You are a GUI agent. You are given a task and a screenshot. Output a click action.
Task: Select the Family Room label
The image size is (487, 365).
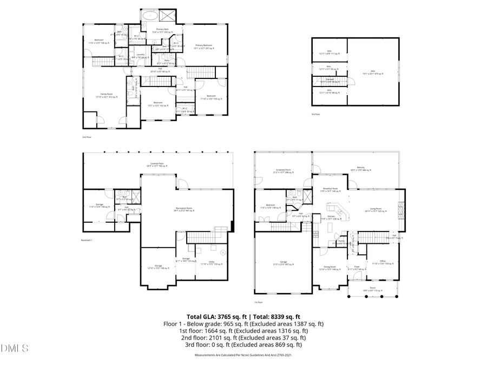tap(106, 95)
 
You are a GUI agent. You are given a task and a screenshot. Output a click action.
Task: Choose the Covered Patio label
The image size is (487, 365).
tap(158, 165)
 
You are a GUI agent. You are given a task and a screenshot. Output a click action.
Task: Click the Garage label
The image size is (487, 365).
tap(282, 263)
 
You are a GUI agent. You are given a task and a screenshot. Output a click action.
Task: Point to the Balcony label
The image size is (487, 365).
tap(360, 168)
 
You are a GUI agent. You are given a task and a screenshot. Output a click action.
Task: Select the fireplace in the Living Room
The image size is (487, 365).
tap(401, 208)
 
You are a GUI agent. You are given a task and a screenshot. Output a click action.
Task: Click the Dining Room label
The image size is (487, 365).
tap(330, 268)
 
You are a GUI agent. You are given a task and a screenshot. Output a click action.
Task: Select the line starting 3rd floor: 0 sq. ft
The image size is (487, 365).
tap(243, 344)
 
